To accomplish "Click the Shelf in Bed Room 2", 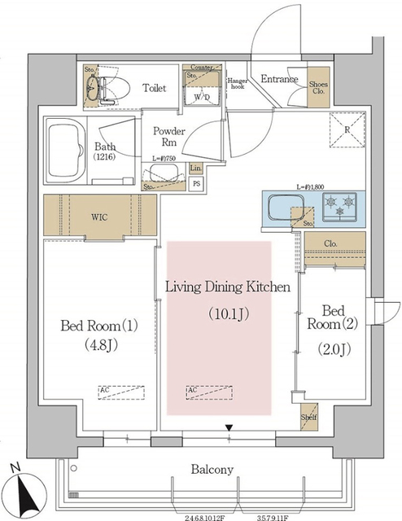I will [310, 418].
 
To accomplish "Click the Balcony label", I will [212, 469].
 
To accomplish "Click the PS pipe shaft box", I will [196, 184].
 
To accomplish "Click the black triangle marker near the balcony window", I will [230, 427].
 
